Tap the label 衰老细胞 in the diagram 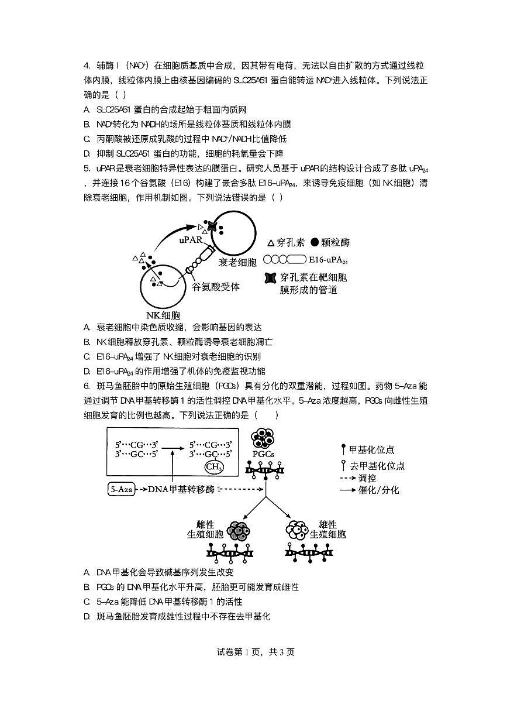(x=238, y=263)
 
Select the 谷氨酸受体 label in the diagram (x=216, y=287)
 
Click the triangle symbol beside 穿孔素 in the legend (x=270, y=243)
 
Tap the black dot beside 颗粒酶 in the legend (x=315, y=243)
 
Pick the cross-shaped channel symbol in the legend (x=270, y=278)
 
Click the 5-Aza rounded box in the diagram (x=122, y=489)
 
